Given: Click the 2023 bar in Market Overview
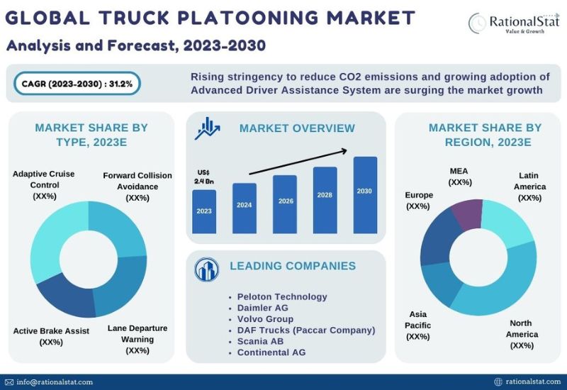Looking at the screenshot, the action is tap(204, 211).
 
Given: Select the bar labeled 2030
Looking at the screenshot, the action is tap(365, 195).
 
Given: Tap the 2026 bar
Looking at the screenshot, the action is tap(285, 204).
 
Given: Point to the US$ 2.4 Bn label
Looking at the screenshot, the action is tap(203, 177).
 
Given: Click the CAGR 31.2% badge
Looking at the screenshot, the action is tap(77, 84).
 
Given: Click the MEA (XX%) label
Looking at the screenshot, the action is tap(459, 177).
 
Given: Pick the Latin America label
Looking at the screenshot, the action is tap(529, 186).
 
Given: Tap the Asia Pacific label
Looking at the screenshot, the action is tap(417, 325).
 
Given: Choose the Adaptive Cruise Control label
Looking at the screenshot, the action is tap(44, 185).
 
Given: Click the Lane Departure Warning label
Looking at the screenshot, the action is tap(137, 340).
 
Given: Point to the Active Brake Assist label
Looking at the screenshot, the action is tap(51, 336).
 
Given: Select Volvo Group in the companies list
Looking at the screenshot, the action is tap(265, 319).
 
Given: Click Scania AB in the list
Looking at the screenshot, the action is tap(260, 342).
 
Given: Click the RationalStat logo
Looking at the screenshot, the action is tap(513, 23).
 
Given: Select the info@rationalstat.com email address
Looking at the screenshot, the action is tap(55, 382).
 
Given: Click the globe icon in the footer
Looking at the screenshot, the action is tap(498, 381).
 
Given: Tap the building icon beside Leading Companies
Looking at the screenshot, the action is tap(206, 269).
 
